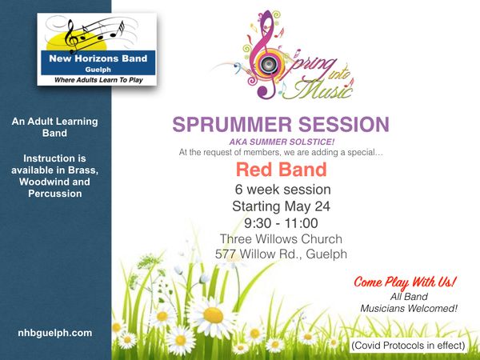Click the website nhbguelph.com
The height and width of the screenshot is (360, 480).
point(55,333)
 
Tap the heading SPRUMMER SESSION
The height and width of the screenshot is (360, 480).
point(281,124)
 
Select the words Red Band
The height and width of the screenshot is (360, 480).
point(282,170)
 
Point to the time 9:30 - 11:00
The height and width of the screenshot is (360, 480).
point(281,223)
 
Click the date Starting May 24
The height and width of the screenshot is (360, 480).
point(281,206)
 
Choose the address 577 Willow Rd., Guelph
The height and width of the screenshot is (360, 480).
point(281,254)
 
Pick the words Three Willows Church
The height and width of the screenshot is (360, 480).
point(281,238)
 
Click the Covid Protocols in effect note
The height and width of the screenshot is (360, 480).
point(408,346)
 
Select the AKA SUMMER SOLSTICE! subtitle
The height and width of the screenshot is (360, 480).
point(282,142)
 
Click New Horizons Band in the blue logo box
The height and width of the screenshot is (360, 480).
point(98,58)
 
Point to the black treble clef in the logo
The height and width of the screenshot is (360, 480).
point(71,37)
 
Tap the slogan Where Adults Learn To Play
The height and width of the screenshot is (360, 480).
point(98,80)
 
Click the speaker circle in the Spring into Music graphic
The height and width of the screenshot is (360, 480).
point(269,64)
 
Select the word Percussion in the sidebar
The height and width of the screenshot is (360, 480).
point(55,194)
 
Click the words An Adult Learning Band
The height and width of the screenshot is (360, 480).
point(54,127)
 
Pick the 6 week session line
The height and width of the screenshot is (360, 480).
point(283,190)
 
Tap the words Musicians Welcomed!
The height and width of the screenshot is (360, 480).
point(409,308)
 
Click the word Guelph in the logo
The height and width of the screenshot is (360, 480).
point(98,70)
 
